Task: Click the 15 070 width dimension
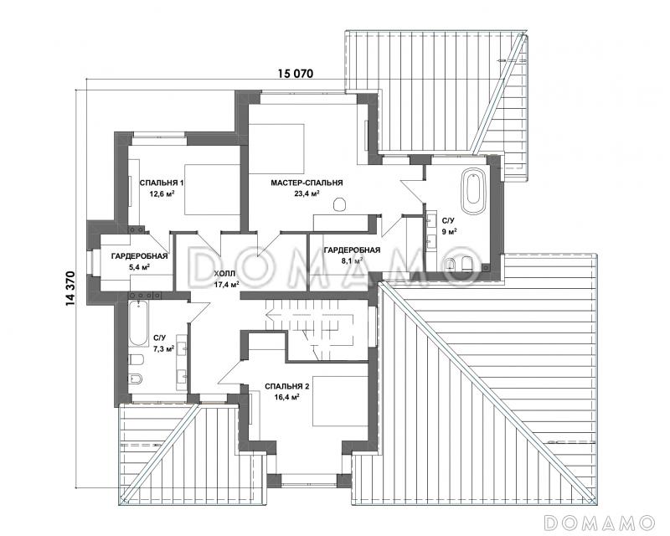(296, 74)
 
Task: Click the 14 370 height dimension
(70, 289)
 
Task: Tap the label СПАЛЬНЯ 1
(162, 183)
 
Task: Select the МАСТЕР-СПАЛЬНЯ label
(307, 183)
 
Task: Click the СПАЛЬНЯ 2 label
(286, 386)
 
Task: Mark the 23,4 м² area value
(307, 193)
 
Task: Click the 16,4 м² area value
(286, 397)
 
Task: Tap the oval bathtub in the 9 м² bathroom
(474, 193)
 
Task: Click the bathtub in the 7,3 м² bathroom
(138, 323)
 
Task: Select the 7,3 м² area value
(163, 349)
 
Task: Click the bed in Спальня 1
(212, 190)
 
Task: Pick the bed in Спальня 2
(340, 400)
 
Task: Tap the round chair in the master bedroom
(339, 204)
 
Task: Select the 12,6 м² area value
(162, 194)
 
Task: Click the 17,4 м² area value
(226, 284)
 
